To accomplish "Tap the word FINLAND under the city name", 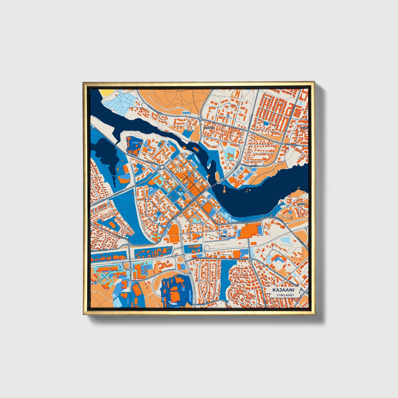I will (x=285, y=295).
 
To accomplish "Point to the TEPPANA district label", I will (x=209, y=128).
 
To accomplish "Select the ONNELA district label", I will (x=302, y=204).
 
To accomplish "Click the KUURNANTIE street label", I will (x=291, y=144).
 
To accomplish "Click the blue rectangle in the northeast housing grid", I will (x=266, y=123).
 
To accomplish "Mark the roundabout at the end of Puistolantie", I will (x=129, y=244).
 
